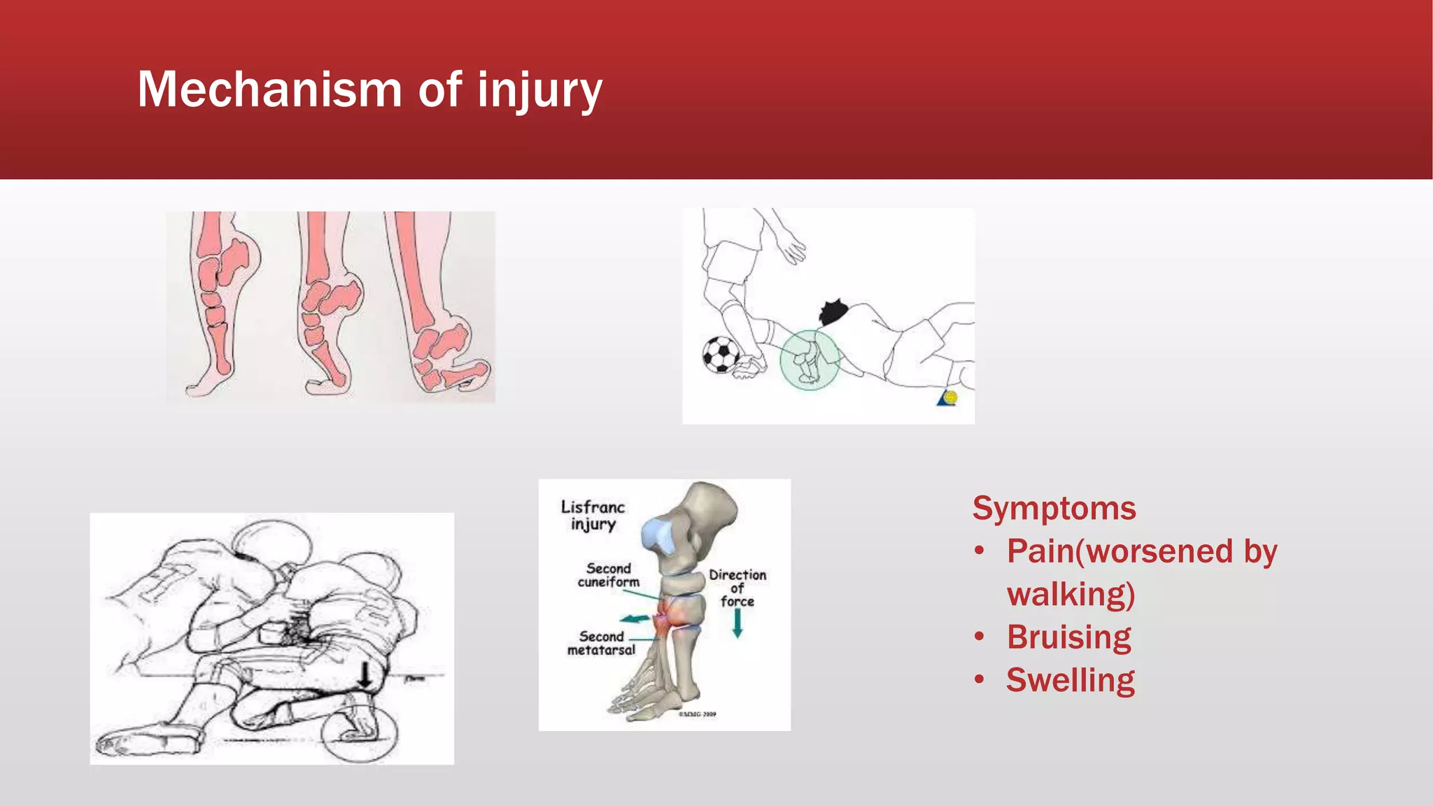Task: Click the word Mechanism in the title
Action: pyautogui.click(x=269, y=90)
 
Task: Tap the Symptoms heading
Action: pyautogui.click(x=1054, y=508)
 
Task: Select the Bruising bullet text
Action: pyautogui.click(x=1068, y=637)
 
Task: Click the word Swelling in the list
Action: pyautogui.click(x=1070, y=680)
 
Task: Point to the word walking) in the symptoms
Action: pyautogui.click(x=1071, y=594)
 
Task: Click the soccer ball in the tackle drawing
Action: pyautogui.click(x=720, y=355)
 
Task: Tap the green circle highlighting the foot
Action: pyautogui.click(x=810, y=360)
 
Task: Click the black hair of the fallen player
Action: pyautogui.click(x=833, y=311)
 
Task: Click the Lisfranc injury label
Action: pyautogui.click(x=593, y=516)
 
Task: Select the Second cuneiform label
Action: pyautogui.click(x=608, y=575)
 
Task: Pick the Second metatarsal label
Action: pyautogui.click(x=601, y=643)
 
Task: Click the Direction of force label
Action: pyautogui.click(x=737, y=588)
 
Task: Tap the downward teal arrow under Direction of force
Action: pyautogui.click(x=737, y=623)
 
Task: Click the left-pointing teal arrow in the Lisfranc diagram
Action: pyautogui.click(x=635, y=618)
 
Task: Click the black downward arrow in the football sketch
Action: pyautogui.click(x=365, y=675)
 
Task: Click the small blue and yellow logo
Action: pyautogui.click(x=947, y=398)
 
